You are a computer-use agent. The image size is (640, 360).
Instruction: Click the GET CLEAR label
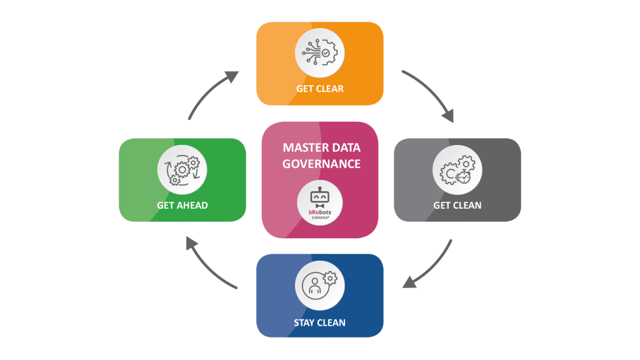point(319,89)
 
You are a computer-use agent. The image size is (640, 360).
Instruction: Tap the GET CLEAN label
point(457,205)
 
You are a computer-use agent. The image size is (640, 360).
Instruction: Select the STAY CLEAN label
point(319,323)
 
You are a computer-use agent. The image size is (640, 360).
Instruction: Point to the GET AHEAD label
point(182,205)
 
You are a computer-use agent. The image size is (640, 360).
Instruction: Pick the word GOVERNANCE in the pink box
point(322,164)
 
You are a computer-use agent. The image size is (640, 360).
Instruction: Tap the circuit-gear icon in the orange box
point(319,52)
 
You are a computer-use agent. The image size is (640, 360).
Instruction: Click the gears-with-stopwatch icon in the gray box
point(457,170)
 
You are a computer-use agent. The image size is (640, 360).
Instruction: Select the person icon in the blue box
point(315,285)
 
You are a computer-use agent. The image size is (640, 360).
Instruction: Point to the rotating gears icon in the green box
point(182,170)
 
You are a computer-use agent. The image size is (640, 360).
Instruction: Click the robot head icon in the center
point(319,197)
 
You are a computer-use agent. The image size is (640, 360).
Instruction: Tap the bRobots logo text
point(319,212)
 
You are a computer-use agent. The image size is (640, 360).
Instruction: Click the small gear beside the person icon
point(330,278)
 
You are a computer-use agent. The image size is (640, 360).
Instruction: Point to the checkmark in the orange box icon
point(326,53)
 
